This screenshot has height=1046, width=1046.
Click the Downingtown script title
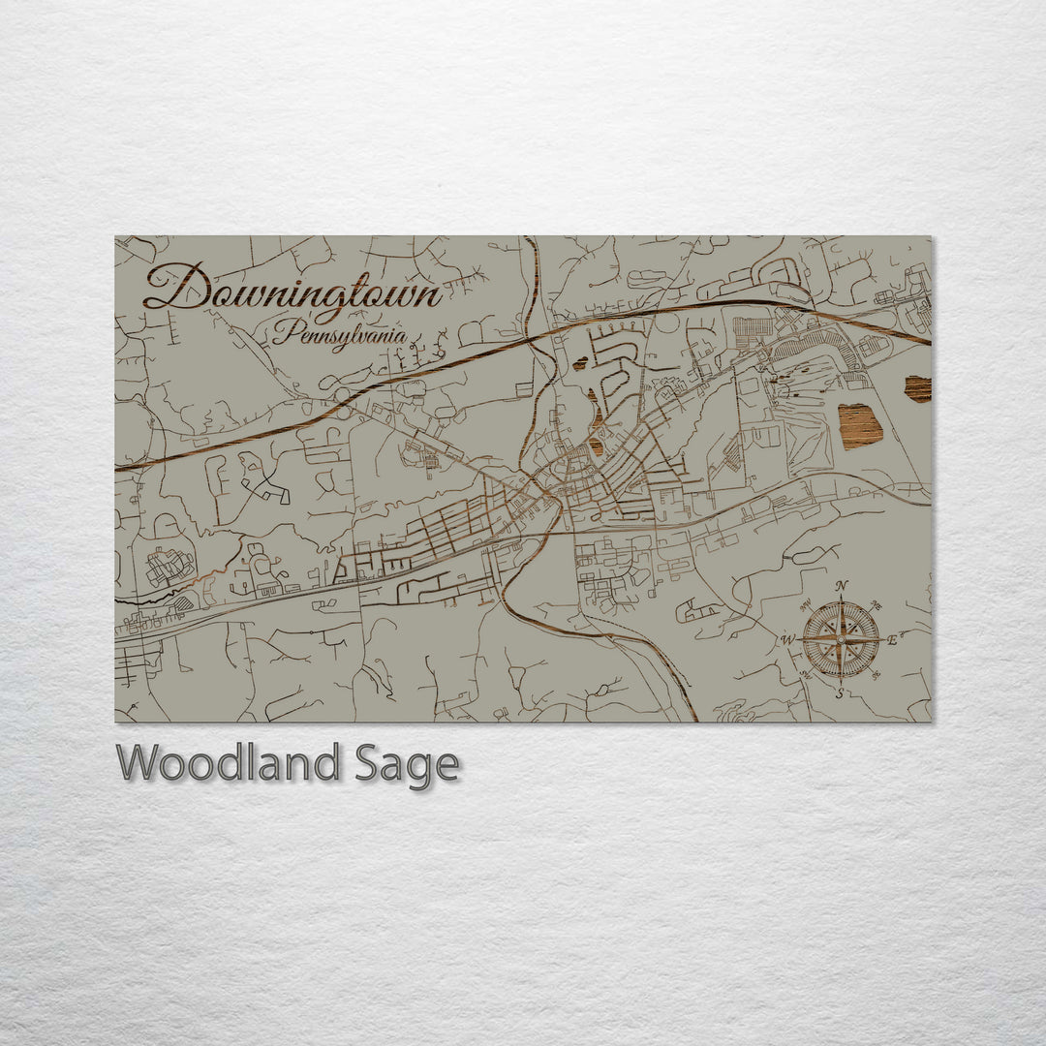click(291, 289)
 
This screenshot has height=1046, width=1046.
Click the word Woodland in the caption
click(229, 764)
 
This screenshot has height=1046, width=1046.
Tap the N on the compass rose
click(842, 586)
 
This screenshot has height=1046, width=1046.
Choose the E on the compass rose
click(893, 638)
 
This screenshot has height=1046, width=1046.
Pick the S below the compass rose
click(840, 692)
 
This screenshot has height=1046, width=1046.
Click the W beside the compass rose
click(787, 639)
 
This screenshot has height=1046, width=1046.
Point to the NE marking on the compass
click(877, 603)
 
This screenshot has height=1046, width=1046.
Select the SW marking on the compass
click(806, 675)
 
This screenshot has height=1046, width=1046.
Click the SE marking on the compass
click(877, 675)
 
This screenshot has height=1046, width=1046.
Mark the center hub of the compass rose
click(841, 639)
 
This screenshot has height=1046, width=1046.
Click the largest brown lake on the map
click(860, 426)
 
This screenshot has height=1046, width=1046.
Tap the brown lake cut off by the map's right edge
click(918, 388)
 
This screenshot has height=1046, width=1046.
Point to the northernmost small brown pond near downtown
click(580, 365)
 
